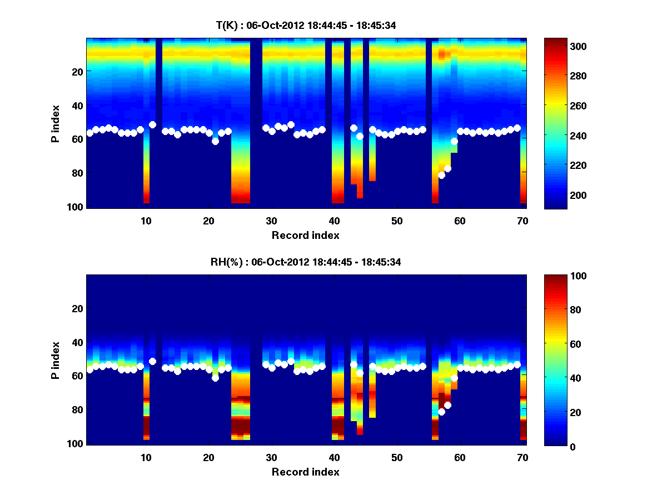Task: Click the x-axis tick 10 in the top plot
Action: pyautogui.click(x=146, y=221)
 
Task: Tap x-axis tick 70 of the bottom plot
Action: pyautogui.click(x=522, y=458)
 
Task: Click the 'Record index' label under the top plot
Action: pyautogui.click(x=305, y=235)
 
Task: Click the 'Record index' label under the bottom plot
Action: pyautogui.click(x=305, y=472)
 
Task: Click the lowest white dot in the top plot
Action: pyautogui.click(x=441, y=175)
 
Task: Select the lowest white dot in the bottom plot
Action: pyautogui.click(x=441, y=412)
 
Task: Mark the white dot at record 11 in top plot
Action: pyautogui.click(x=152, y=125)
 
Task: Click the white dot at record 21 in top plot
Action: pyautogui.click(x=215, y=141)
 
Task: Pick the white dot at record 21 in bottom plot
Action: pyautogui.click(x=215, y=378)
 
